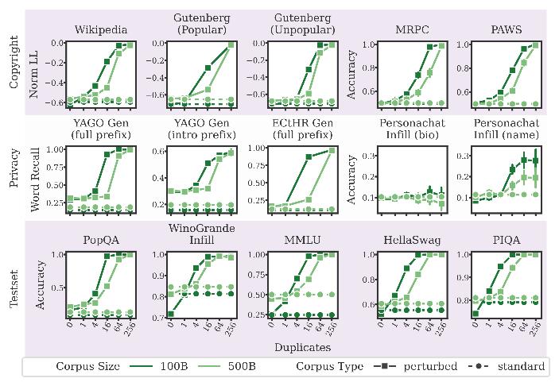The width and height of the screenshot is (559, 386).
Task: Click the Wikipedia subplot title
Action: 100,30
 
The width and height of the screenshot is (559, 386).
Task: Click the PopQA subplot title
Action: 100,241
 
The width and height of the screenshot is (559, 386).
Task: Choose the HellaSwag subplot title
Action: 414,241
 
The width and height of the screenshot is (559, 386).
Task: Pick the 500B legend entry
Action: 294,366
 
